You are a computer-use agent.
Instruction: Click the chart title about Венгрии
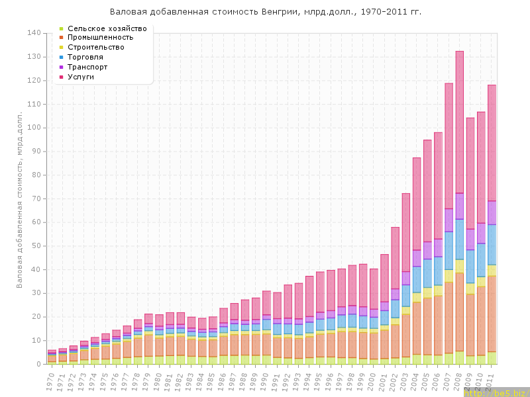click(x=265, y=12)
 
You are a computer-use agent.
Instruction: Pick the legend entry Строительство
click(x=96, y=48)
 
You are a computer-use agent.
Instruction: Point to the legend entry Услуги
click(x=81, y=77)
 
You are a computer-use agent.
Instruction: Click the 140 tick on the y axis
click(x=34, y=33)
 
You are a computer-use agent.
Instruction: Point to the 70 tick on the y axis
click(x=36, y=198)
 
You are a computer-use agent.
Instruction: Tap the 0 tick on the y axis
click(x=39, y=364)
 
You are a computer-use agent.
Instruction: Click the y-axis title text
click(x=21, y=198)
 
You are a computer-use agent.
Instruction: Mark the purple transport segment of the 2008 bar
click(x=460, y=206)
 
